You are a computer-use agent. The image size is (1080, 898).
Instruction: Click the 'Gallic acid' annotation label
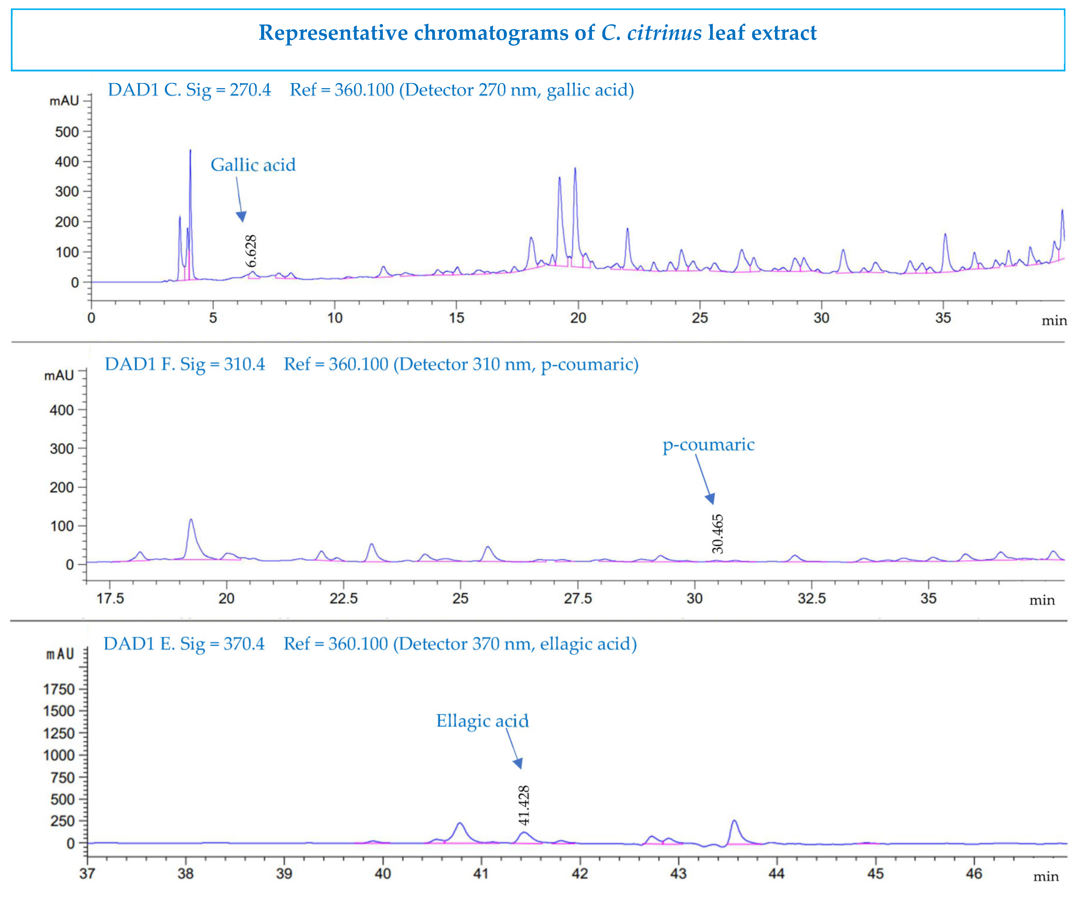coord(253,165)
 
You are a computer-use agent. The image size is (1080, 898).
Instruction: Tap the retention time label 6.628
coord(250,251)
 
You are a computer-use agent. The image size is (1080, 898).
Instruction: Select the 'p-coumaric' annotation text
coord(708,445)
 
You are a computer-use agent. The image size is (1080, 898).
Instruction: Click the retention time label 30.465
coord(717,534)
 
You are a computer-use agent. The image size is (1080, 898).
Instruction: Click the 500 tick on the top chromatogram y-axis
coord(67,132)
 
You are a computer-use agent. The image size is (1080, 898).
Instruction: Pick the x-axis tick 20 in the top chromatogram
coord(578,318)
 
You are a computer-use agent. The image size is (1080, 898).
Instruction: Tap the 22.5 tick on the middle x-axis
coord(344,598)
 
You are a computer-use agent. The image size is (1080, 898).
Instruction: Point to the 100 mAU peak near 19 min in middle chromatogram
coord(191,521)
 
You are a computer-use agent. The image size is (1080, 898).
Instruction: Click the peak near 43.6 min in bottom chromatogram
coord(734,822)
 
